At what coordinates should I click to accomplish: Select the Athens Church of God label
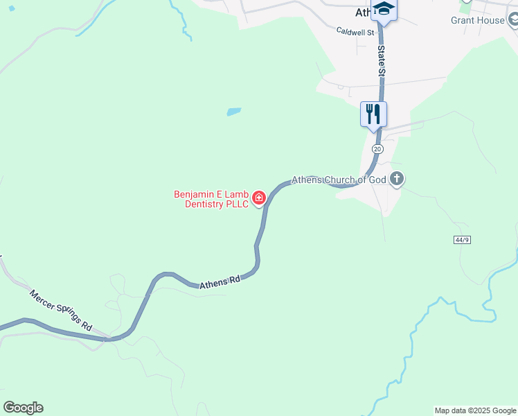pyautogui.click(x=338, y=180)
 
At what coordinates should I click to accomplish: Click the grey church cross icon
pyautogui.click(x=397, y=180)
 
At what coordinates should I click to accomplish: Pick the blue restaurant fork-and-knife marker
pyautogui.click(x=373, y=114)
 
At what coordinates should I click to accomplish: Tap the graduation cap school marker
pyautogui.click(x=383, y=10)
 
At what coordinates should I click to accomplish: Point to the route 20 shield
pyautogui.click(x=377, y=149)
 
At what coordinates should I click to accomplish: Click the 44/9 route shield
pyautogui.click(x=463, y=239)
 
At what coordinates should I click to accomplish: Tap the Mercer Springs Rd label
pyautogui.click(x=60, y=309)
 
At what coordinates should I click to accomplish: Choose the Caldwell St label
pyautogui.click(x=355, y=32)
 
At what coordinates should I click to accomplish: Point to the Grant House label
pyautogui.click(x=477, y=20)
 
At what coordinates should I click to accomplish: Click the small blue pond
pyautogui.click(x=234, y=111)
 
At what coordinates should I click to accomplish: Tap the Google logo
pyautogui.click(x=23, y=408)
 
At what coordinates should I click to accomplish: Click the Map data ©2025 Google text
pyautogui.click(x=475, y=410)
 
